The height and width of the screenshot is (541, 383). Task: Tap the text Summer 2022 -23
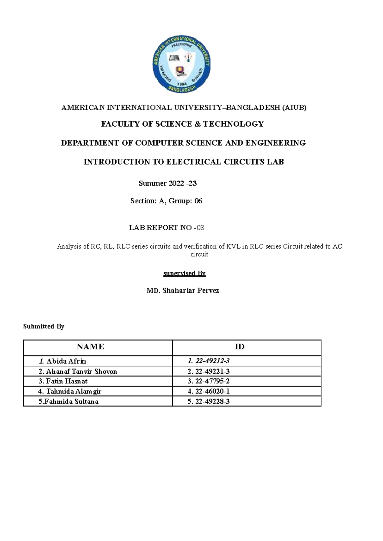pos(168,183)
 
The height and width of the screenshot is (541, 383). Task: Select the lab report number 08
pos(200,228)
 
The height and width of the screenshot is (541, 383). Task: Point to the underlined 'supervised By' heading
pos(184,273)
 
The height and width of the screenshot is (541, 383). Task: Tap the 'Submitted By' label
pos(44,326)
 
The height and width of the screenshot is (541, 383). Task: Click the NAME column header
pos(90,347)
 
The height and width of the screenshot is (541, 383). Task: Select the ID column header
pos(239,347)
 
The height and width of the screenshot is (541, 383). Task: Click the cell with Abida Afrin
pos(66,361)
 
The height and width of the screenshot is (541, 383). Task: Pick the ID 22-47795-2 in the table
pos(212,381)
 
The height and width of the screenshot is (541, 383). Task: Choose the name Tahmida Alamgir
pos(73,391)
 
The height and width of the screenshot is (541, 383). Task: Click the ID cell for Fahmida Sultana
pos(212,401)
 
